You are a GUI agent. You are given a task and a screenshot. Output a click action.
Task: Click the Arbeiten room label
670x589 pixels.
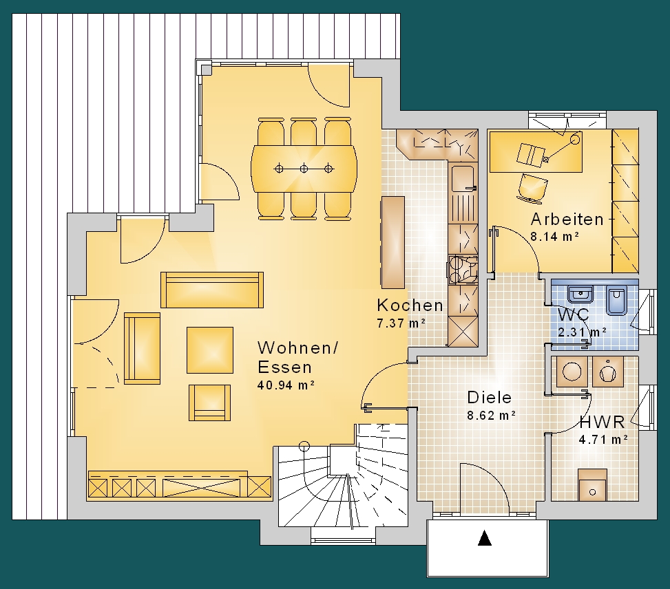567,219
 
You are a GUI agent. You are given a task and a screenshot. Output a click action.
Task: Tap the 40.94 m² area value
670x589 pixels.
286,385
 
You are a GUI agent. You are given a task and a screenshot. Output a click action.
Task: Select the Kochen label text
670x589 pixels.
410,306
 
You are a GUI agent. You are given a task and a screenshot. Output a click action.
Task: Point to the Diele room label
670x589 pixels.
490,398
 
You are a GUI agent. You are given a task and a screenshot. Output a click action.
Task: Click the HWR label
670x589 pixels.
602,422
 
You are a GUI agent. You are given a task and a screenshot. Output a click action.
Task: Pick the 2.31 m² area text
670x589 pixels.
582,332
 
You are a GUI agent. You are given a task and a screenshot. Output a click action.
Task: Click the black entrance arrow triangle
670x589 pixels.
484,537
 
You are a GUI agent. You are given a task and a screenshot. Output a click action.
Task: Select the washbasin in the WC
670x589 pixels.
580,294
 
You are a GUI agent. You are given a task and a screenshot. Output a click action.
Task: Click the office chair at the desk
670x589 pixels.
533,186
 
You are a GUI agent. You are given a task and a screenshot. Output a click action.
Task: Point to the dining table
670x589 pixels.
304,169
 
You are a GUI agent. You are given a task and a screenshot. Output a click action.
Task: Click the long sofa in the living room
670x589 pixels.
212,290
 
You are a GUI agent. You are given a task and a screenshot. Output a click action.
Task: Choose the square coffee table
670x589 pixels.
210,350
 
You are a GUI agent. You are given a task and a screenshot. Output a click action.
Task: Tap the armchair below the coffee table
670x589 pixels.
209,403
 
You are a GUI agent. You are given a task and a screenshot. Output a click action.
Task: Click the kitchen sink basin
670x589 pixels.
463,178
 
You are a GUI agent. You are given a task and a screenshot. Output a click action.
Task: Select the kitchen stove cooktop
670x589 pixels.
462,270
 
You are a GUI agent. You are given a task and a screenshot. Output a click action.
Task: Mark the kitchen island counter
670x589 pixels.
392,243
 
